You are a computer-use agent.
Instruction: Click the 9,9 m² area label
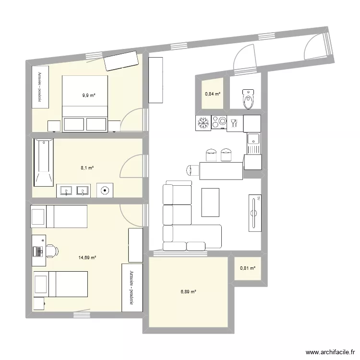tap(88, 96)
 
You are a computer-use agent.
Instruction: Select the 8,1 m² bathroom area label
tap(87, 168)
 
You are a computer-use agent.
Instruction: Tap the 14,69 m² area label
tap(87, 258)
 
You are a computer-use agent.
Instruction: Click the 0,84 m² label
tap(213, 94)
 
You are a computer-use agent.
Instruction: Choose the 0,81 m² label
tap(248, 268)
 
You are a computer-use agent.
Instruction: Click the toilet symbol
tap(248, 99)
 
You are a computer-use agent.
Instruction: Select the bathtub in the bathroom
tap(42, 162)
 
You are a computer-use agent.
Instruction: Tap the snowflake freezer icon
tap(204, 123)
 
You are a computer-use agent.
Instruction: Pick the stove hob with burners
tap(220, 123)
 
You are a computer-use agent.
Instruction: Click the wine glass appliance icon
tap(234, 123)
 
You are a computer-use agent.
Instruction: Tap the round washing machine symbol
tap(105, 190)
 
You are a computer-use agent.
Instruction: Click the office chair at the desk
tap(51, 251)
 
